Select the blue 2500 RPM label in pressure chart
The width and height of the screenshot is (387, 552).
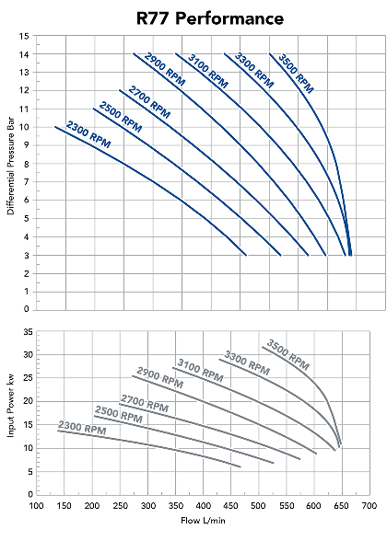119,117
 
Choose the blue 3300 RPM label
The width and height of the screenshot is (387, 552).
254,66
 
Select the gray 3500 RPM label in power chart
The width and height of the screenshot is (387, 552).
287,354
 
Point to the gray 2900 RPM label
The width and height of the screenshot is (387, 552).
160,380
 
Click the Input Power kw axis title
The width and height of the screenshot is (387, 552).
11,413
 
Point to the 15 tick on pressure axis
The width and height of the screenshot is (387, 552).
25,36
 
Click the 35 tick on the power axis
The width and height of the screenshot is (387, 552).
29,331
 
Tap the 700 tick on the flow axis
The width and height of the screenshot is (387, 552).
369,506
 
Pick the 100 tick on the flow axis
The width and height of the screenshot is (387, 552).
37,506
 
